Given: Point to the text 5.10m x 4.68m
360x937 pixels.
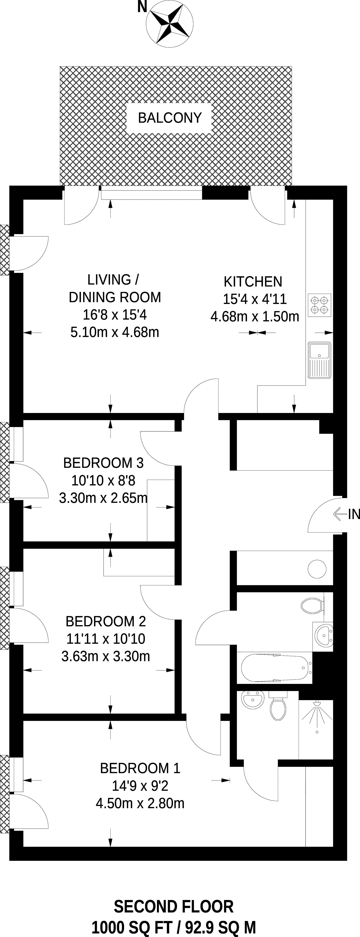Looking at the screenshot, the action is tap(115, 332).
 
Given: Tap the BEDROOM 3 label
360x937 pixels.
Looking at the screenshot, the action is tap(104, 463).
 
